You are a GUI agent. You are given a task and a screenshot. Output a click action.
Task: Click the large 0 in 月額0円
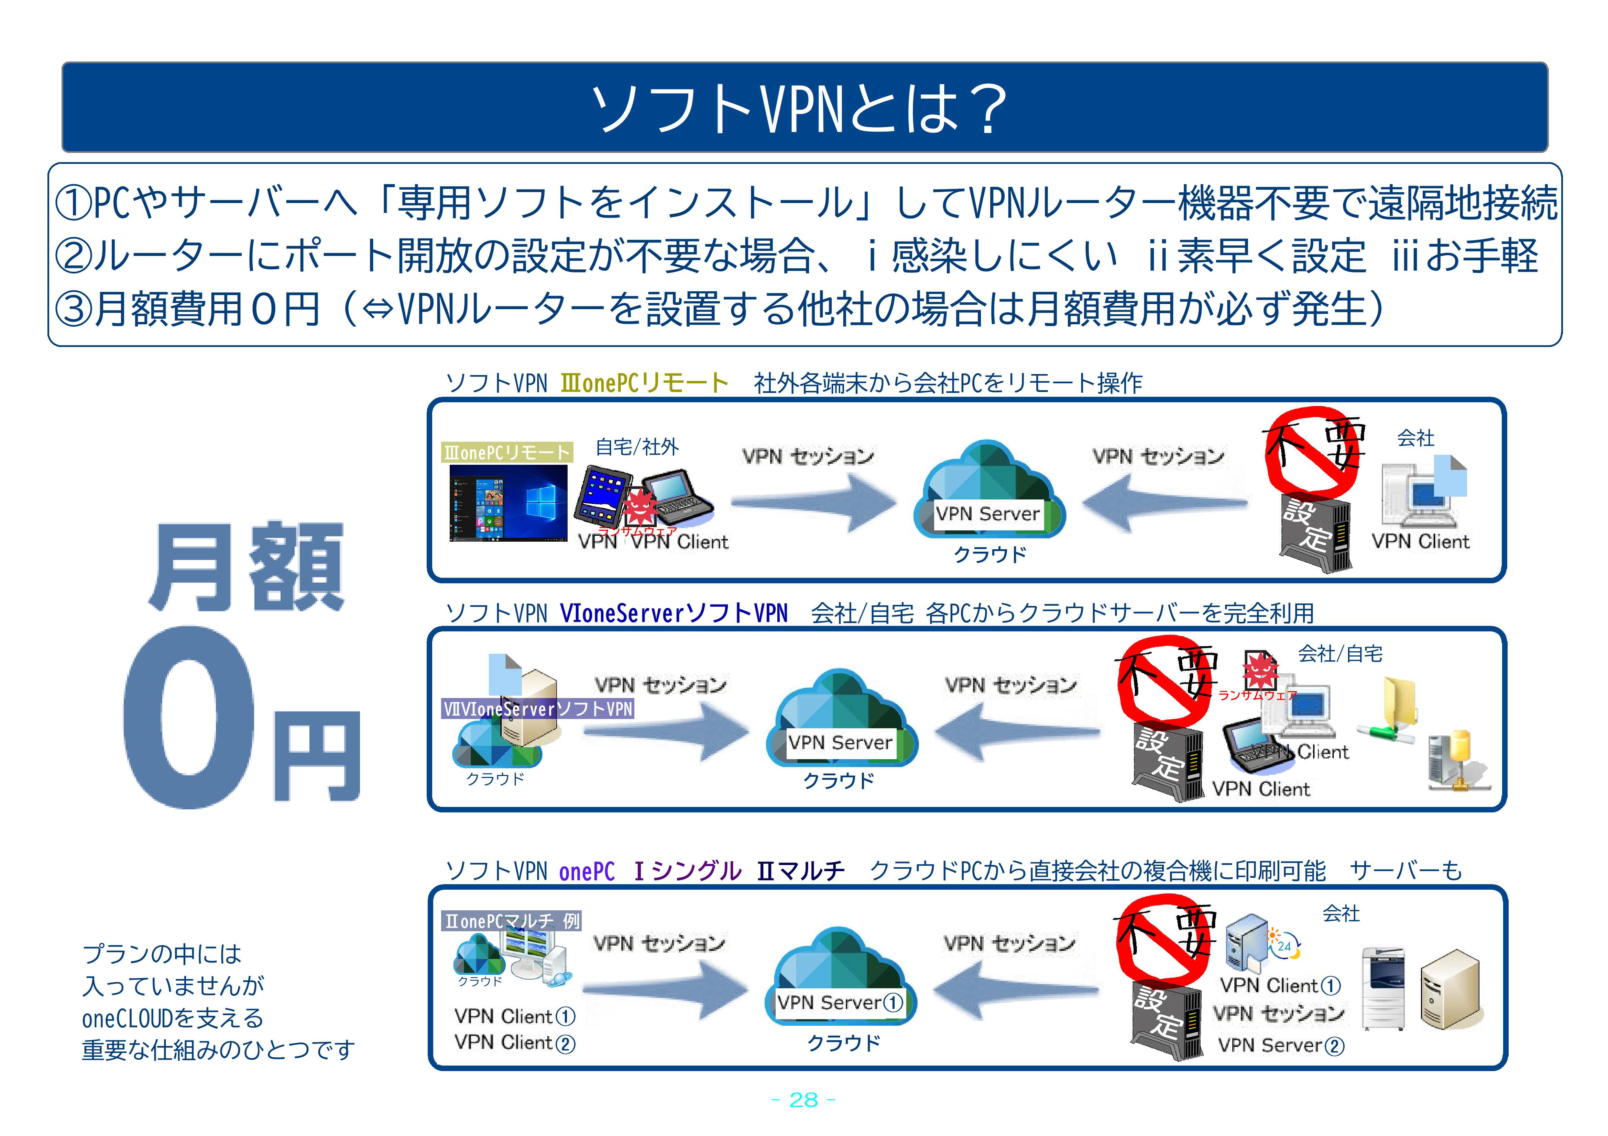coord(189,718)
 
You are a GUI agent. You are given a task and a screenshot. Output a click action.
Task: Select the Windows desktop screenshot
coord(508,503)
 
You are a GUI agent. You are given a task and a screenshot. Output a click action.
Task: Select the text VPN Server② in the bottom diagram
coord(1280,1045)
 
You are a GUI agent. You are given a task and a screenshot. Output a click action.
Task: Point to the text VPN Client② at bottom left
coord(515,1043)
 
